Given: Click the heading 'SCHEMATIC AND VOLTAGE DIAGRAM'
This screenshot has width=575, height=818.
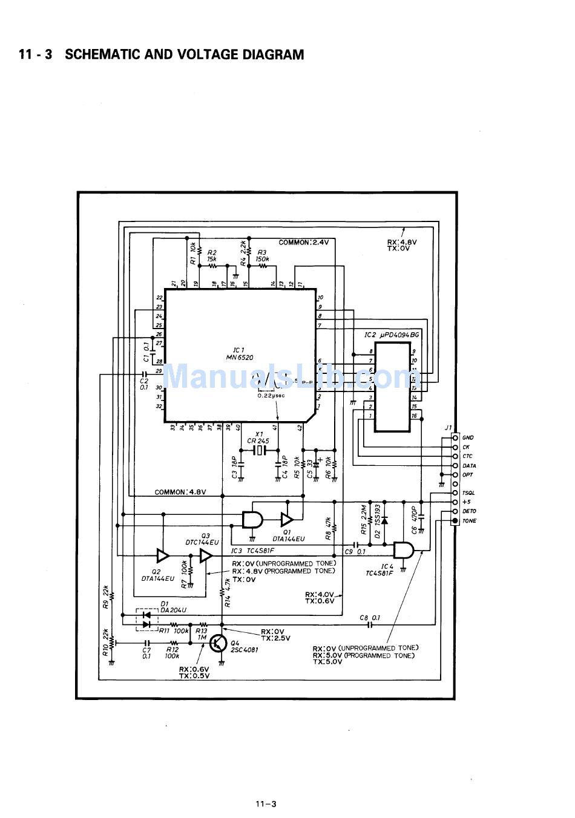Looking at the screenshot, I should click(x=184, y=54).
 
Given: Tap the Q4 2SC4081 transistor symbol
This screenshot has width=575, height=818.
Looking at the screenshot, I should click(x=218, y=644).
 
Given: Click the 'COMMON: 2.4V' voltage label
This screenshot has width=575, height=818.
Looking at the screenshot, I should click(x=303, y=242).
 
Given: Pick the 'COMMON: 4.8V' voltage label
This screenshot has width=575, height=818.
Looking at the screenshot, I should click(x=180, y=492).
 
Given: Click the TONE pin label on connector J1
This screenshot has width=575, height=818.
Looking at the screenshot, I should click(x=469, y=521).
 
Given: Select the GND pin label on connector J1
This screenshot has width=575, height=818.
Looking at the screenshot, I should click(x=468, y=437).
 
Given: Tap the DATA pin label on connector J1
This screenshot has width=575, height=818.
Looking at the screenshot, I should click(x=469, y=466).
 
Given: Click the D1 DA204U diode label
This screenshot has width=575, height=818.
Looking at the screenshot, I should click(x=173, y=607).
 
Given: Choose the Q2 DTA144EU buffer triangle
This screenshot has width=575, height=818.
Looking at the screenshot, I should click(x=163, y=555).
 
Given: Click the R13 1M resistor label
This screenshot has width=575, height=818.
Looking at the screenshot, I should click(x=201, y=634).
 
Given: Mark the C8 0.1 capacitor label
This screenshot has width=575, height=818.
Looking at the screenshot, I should click(x=370, y=618).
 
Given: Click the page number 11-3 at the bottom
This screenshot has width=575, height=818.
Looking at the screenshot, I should click(x=266, y=804).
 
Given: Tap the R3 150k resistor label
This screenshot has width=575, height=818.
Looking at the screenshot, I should click(x=262, y=256).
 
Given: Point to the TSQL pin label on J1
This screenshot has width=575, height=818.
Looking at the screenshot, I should click(x=468, y=493).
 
